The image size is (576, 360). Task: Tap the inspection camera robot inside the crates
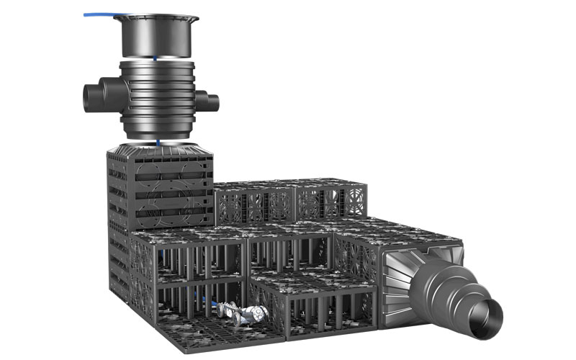[245, 315]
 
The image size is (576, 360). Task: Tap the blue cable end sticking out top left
[89, 14]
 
